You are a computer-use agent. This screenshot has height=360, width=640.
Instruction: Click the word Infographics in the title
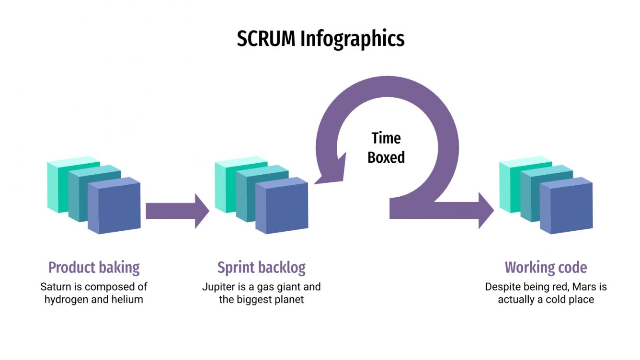point(352,39)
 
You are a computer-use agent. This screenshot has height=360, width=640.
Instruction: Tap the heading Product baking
point(94,267)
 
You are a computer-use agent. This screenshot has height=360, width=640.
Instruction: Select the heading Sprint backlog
point(261,267)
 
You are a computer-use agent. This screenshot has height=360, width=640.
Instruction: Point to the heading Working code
point(546,267)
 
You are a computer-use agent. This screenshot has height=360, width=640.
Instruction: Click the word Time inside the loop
point(386,138)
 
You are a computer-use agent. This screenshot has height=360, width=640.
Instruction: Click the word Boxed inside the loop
point(386,157)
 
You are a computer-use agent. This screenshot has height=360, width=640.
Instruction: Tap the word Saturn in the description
point(56,287)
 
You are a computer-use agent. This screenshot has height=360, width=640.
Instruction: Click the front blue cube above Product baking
point(114,207)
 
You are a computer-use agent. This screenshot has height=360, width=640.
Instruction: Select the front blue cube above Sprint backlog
point(282,207)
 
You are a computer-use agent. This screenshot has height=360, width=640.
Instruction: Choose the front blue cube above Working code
point(566,207)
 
